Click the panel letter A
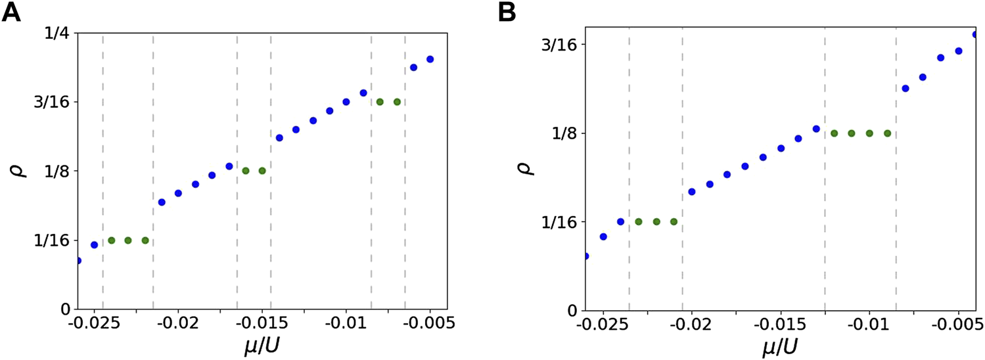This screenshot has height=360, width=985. pyautogui.click(x=12, y=13)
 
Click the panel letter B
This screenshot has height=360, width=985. pyautogui.click(x=507, y=13)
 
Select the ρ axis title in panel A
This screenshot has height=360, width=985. pyautogui.click(x=20, y=171)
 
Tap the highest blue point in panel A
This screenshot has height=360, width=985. pyautogui.click(x=430, y=59)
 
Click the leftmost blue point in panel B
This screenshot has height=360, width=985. pyautogui.click(x=586, y=256)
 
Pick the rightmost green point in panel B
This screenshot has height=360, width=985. pyautogui.click(x=887, y=133)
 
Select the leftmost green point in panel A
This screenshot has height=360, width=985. pyautogui.click(x=112, y=240)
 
